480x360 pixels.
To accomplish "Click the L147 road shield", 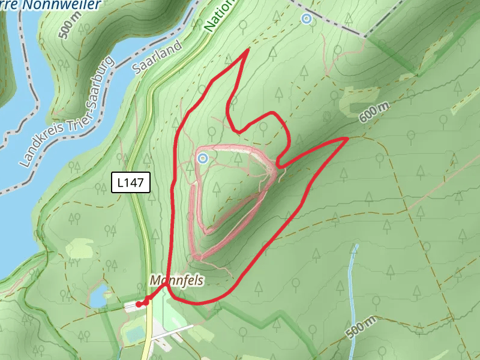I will tap(130, 183).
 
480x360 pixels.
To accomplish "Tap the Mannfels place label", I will tap(178, 280).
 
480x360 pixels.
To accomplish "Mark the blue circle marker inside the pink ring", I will tap(203, 158).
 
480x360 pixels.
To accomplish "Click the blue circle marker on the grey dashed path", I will tap(307, 19).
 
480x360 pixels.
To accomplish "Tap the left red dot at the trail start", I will tap(139, 304).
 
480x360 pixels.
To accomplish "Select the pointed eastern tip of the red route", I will tap(347, 139).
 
